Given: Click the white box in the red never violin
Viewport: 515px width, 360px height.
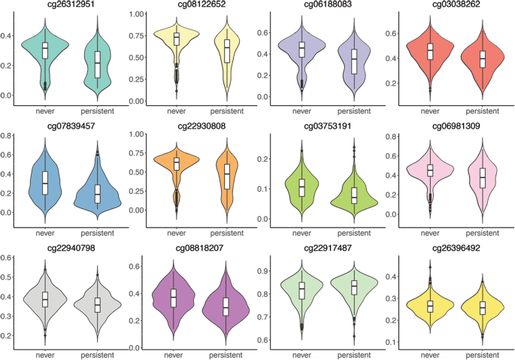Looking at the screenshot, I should pos(429,51).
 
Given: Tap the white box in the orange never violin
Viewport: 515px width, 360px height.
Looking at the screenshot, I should pos(176,163).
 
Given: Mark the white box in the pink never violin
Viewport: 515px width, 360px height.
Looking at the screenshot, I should pos(429,171).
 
